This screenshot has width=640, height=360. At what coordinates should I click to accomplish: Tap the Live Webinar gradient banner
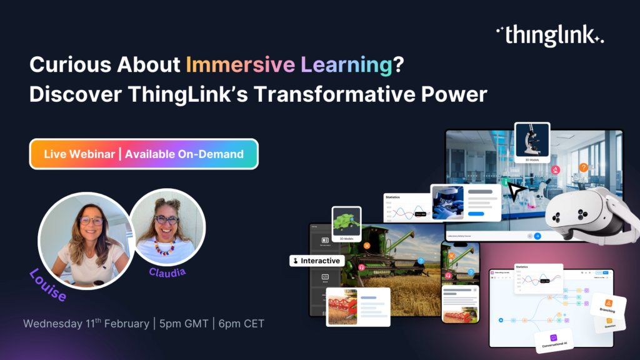pos(144,154)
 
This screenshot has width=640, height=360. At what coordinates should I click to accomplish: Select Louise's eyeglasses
pos(91,221)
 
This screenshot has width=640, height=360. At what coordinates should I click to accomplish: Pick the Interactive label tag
pos(316,261)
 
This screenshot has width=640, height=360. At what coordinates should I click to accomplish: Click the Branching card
pos(607,304)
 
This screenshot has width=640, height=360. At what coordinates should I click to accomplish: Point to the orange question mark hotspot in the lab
pos(583,167)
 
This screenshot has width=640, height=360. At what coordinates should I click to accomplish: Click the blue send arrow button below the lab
pos(537,236)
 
